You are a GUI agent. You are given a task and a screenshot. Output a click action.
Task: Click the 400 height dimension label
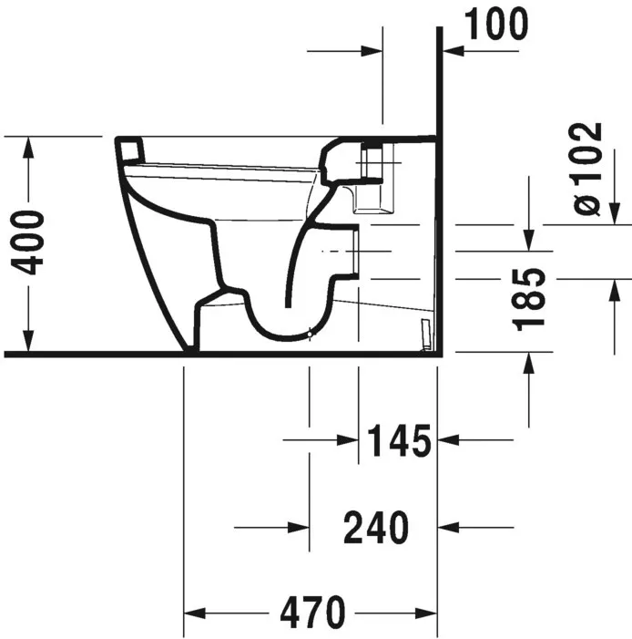click(x=27, y=242)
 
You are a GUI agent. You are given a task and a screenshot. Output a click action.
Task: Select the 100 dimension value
click(x=496, y=24)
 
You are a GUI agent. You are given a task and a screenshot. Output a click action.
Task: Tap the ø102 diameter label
click(x=586, y=169)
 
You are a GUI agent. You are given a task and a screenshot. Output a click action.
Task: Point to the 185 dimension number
click(x=528, y=300)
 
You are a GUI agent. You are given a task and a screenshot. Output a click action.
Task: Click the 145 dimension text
click(x=399, y=440)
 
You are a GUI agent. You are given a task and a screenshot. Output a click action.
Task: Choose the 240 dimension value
click(x=376, y=528)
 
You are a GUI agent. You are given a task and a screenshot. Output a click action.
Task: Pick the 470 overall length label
click(x=312, y=613)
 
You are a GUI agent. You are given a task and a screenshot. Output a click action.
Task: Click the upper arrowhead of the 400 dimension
click(x=27, y=147)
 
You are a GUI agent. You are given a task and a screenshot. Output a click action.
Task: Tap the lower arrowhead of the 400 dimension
click(x=27, y=341)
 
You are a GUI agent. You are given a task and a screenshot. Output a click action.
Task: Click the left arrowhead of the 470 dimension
click(x=195, y=613)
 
